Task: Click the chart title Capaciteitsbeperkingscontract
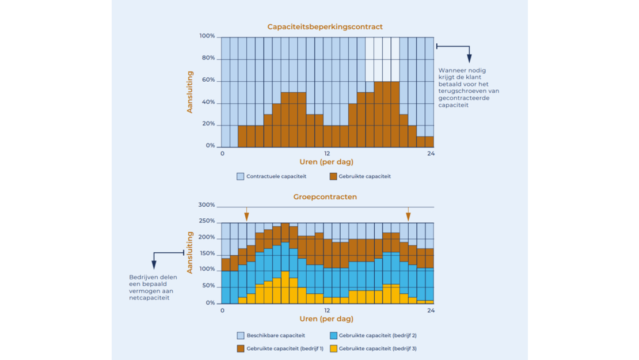(325, 26)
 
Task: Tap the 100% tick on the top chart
(207, 36)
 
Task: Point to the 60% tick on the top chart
(208, 80)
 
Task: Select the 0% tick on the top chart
(210, 146)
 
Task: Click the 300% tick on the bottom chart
(207, 205)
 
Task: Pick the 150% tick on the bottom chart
(207, 253)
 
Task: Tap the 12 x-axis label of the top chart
(326, 153)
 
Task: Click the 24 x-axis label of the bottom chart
(431, 310)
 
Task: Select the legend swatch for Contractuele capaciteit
(241, 176)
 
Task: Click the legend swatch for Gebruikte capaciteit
(333, 176)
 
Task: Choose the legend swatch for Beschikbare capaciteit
(241, 335)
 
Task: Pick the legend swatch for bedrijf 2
(333, 335)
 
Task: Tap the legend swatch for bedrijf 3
(333, 348)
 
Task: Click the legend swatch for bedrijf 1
(241, 348)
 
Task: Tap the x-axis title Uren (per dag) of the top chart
(326, 162)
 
